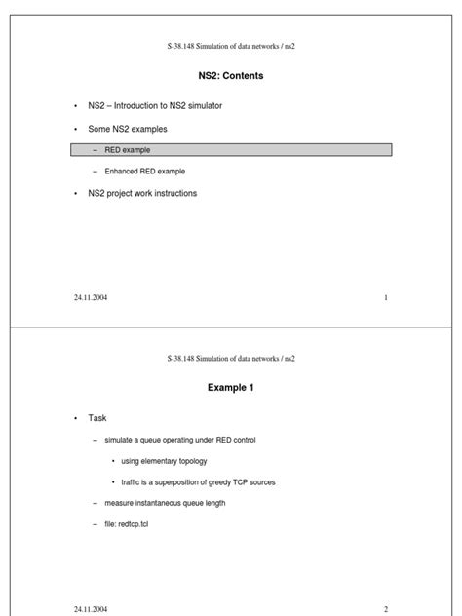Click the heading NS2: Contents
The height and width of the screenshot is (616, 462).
pyautogui.click(x=231, y=75)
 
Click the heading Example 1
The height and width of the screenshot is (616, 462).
pyautogui.click(x=231, y=388)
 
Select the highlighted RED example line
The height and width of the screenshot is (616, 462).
pyautogui.click(x=231, y=150)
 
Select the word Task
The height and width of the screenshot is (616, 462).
pyautogui.click(x=97, y=417)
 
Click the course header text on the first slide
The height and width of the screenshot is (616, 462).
pyautogui.click(x=231, y=47)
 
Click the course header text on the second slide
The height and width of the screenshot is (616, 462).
pyautogui.click(x=231, y=359)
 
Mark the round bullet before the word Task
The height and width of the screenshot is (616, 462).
pyautogui.click(x=74, y=418)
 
